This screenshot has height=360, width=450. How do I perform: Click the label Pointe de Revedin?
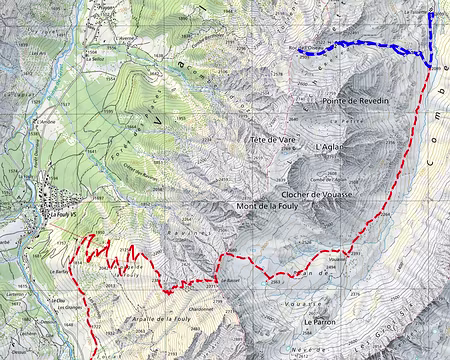pos(356,101)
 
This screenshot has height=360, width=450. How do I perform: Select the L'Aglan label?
pos(329,147)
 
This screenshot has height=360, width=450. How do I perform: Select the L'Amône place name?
pos(47,122)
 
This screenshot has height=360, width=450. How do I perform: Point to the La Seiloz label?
pos(96,58)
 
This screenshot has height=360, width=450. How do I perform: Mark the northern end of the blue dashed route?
pos(430,13)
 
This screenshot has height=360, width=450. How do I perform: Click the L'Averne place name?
pos(127,43)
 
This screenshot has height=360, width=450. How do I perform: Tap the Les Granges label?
pos(72,307)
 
